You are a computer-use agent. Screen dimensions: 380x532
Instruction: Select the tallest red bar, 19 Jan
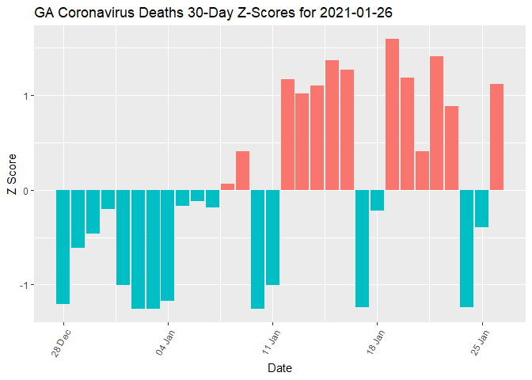click(392, 115)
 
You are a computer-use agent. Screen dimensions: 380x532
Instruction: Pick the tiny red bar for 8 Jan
click(227, 187)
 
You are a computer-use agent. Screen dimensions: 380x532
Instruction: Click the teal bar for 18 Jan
click(377, 200)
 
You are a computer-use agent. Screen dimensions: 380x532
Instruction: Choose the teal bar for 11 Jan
click(272, 237)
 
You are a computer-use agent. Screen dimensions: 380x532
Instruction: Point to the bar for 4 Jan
click(168, 245)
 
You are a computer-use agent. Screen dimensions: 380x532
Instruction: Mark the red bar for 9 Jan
click(242, 170)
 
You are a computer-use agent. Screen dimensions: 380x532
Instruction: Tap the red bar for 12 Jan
click(287, 135)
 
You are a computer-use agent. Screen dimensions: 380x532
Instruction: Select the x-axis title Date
click(280, 368)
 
